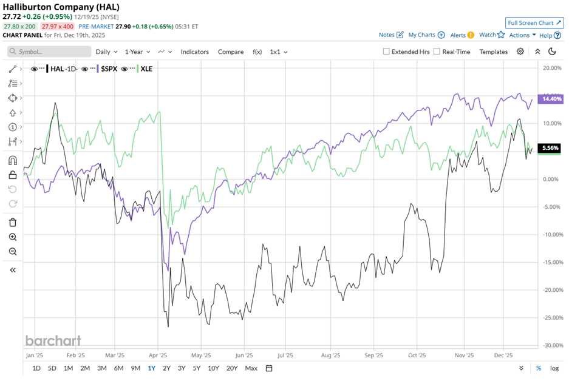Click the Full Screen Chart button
[x=534, y=23]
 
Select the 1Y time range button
[x=151, y=368]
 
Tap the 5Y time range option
[x=196, y=368]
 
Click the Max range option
[x=251, y=368]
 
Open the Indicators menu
[x=194, y=52]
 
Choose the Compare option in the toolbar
[x=231, y=52]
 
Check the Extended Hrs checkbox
[x=386, y=52]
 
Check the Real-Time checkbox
[x=437, y=52]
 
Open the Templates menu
[x=493, y=52]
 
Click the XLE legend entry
[x=146, y=69]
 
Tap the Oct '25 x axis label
[x=417, y=356]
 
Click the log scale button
[x=554, y=368]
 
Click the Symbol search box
[x=49, y=52]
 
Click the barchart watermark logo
[x=53, y=340]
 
